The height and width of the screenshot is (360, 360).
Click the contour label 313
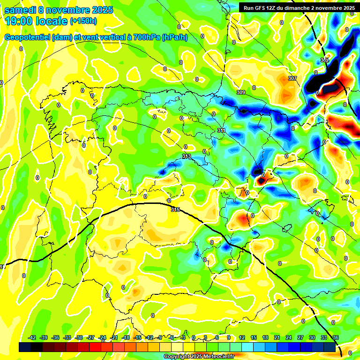(187, 156)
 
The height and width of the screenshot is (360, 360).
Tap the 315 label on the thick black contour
(176, 209)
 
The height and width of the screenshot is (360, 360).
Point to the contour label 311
(222, 130)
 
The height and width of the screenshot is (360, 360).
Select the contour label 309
(241, 92)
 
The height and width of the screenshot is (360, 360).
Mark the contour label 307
(292, 78)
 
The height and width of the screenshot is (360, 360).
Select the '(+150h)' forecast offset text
(83, 21)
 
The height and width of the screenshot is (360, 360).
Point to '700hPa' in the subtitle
(146, 37)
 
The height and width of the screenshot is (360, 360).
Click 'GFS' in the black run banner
(262, 8)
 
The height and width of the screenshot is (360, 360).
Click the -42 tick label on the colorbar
(32, 337)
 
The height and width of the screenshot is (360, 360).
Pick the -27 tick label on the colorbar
(91, 337)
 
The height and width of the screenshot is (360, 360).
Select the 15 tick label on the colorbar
(253, 337)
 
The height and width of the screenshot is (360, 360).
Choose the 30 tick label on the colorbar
(312, 337)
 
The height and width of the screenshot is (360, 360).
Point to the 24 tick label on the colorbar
(288, 337)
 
